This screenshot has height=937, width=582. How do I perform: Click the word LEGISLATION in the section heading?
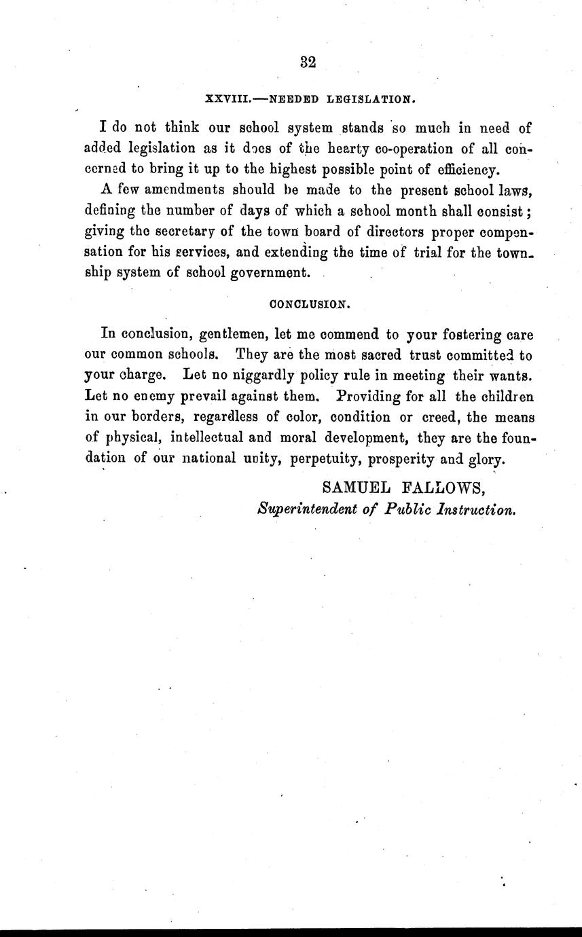point(369,99)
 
